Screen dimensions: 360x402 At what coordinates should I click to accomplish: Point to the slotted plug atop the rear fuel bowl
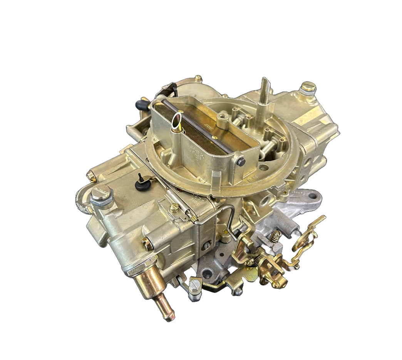pos(308,87)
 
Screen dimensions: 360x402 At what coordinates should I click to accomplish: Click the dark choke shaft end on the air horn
pos(241,162)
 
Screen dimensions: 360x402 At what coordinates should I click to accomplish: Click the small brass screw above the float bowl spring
pos(174,207)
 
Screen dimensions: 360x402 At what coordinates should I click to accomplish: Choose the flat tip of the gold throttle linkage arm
pos(320,219)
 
